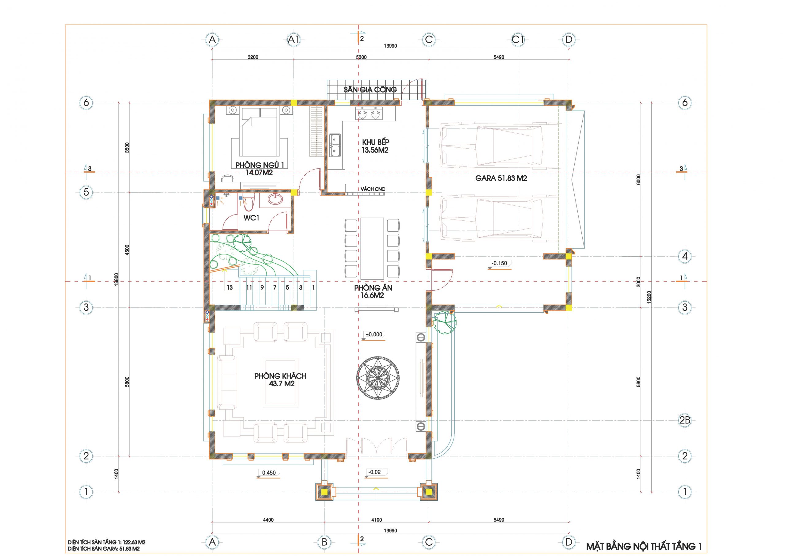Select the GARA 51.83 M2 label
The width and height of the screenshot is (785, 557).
[501, 178]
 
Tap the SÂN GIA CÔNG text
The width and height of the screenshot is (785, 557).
[370, 90]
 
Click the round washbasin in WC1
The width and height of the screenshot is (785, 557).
[275, 199]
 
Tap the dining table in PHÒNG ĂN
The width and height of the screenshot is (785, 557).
[372, 248]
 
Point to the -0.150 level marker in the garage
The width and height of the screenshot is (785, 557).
[499, 263]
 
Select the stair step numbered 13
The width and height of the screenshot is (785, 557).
[230, 288]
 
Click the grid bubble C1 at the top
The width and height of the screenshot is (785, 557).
[518, 40]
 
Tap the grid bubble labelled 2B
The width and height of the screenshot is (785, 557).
[685, 420]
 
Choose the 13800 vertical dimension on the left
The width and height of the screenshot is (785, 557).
[117, 279]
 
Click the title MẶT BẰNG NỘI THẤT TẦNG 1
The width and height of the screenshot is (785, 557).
[643, 546]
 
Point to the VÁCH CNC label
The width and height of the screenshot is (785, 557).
[373, 189]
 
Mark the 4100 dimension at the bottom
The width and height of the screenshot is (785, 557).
[376, 520]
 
